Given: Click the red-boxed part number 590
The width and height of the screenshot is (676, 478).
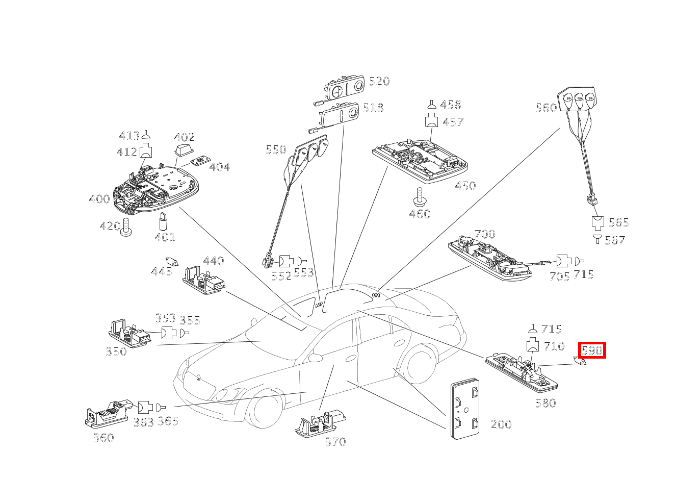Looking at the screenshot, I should click(592, 350).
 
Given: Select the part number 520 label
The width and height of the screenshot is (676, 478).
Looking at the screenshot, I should click(379, 81).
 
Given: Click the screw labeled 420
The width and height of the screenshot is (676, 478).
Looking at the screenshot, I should click(126, 228).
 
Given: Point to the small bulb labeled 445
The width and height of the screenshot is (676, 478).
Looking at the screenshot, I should click(172, 262).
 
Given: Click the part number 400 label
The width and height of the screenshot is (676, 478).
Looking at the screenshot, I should click(99, 199).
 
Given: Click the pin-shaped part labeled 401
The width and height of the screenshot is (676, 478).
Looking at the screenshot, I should click(164, 221).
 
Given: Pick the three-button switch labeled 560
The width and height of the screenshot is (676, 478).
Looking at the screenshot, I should click(578, 99).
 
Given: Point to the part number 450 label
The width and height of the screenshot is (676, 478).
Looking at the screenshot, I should click(465, 186).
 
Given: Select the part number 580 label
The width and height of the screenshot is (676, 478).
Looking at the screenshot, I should click(545, 403).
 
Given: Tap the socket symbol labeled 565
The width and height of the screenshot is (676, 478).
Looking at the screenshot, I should click(597, 222).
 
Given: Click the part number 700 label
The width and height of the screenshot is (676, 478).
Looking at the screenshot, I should click(484, 234).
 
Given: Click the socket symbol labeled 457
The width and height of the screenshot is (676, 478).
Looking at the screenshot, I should click(431, 121).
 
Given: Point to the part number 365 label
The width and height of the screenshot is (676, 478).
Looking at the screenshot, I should click(168, 421).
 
